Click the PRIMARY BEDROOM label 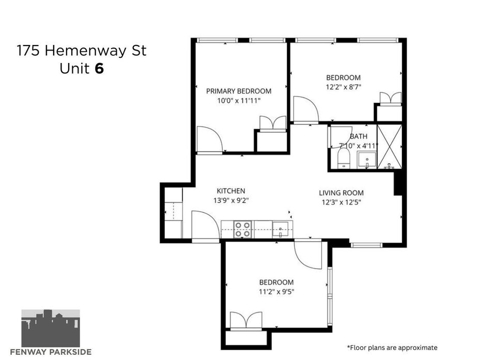pyautogui.click(x=239, y=91)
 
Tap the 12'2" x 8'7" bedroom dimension pyautogui.click(x=344, y=87)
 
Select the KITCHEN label pyautogui.click(x=231, y=191)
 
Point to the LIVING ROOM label pyautogui.click(x=342, y=193)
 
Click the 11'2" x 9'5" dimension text pyautogui.click(x=276, y=292)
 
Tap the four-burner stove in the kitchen pyautogui.click(x=243, y=230)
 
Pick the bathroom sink pyautogui.click(x=367, y=160)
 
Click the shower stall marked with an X pyautogui.click(x=390, y=147)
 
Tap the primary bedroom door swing pyautogui.click(x=209, y=139)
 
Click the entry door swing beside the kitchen pyautogui.click(x=206, y=225)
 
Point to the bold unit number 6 pyautogui.click(x=99, y=69)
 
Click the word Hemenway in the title pyautogui.click(x=85, y=51)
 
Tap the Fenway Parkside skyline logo pyautogui.click(x=51, y=328)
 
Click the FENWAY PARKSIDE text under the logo pyautogui.click(x=51, y=352)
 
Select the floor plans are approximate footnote pyautogui.click(x=392, y=348)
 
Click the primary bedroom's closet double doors pyautogui.click(x=273, y=123)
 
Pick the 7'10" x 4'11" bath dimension pyautogui.click(x=359, y=146)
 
